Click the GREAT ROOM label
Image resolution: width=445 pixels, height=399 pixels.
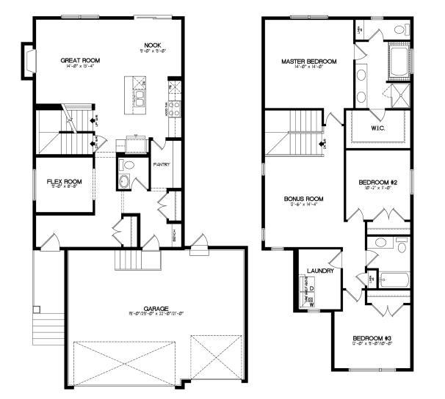tap(81, 60)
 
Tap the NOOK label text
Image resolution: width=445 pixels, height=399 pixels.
tap(152, 45)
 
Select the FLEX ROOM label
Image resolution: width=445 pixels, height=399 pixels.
tap(64, 181)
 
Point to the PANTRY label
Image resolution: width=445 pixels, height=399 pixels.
tap(162, 164)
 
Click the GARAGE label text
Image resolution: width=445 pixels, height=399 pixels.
tap(156, 308)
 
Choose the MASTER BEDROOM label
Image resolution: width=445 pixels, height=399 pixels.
tap(308, 62)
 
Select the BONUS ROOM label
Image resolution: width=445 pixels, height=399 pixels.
tap(303, 198)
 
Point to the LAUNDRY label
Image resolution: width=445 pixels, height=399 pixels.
tap(320, 271)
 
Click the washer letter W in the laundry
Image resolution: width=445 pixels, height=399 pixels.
tap(311, 303)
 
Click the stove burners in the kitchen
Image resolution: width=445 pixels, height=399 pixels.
tap(175, 109)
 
